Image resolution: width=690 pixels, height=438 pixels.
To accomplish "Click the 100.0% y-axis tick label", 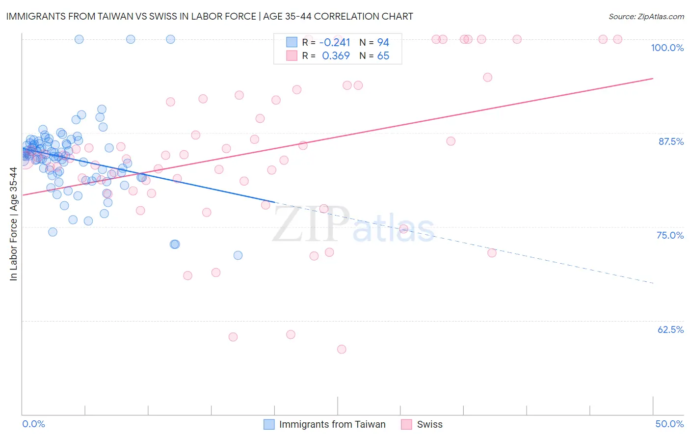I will [x=667, y=48].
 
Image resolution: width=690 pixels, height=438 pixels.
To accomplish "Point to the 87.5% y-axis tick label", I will [x=671, y=141].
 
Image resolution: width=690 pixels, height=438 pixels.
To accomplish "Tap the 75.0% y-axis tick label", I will [x=670, y=235].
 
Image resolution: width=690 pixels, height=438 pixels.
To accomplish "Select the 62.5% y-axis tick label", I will [x=670, y=329].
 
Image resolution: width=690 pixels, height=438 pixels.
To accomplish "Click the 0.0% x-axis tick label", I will [x=33, y=424].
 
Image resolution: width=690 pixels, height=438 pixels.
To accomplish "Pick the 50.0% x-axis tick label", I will [x=669, y=424].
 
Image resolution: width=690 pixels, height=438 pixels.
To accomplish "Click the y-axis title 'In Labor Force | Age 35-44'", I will [x=13, y=224].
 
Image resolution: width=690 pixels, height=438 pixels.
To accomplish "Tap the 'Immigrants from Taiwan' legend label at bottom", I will [x=332, y=424].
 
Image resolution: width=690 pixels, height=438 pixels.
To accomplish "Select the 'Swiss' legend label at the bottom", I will [x=429, y=424].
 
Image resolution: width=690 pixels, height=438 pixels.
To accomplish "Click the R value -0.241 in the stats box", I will [x=335, y=42].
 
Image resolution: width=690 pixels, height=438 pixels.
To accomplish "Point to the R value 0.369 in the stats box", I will [x=336, y=56].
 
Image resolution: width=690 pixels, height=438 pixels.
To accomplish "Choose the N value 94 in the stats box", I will [x=383, y=42].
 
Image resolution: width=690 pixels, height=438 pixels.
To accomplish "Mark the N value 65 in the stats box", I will [x=383, y=56].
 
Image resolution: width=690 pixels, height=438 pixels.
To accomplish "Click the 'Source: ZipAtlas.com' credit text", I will [x=646, y=16].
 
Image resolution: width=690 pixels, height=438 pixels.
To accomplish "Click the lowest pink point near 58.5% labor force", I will [x=342, y=349].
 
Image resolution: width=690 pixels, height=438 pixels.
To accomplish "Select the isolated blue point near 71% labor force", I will [x=238, y=255].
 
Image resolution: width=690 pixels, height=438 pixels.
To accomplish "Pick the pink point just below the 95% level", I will [x=487, y=77].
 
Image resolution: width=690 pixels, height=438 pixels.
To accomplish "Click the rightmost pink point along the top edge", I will [x=618, y=39].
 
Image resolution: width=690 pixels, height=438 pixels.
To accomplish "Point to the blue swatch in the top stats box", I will [x=292, y=42].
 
